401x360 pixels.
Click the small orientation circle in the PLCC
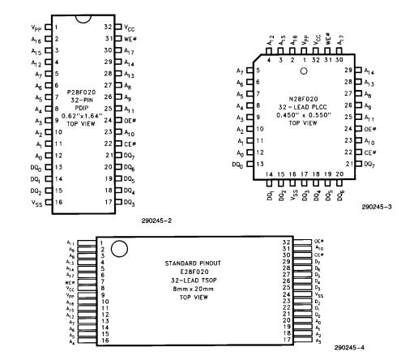pyautogui.click(x=303, y=71)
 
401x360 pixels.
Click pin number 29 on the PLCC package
pyautogui.click(x=349, y=71)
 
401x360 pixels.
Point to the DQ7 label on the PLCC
pyautogui.click(x=370, y=165)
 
